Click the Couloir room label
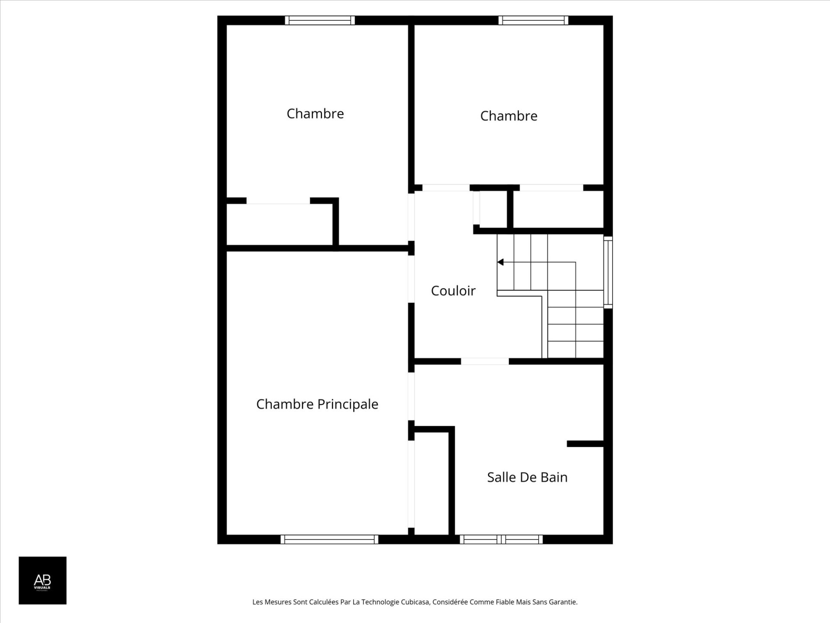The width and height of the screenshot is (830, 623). tap(453, 291)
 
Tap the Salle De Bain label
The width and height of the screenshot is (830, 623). tap(527, 477)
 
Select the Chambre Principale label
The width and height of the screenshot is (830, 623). tap(317, 404)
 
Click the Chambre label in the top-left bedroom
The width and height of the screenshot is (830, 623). tap(315, 114)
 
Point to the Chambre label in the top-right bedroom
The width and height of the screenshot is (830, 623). tap(508, 116)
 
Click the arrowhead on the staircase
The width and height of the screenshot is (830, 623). tap(501, 262)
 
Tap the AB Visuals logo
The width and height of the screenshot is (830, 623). tap(42, 580)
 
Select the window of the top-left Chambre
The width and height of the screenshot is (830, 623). tap(320, 20)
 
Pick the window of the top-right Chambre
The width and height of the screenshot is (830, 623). tap(533, 20)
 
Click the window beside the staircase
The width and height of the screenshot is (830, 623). tap(608, 272)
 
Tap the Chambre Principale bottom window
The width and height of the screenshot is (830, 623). tap(329, 539)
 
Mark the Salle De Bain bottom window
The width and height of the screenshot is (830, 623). tap(501, 539)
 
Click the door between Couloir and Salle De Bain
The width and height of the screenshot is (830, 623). tap(485, 361)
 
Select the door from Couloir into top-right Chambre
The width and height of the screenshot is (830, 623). tap(446, 188)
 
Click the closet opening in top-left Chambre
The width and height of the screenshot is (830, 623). tap(278, 201)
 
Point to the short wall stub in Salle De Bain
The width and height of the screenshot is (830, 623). tap(585, 443)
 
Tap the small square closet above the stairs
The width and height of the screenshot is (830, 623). tap(493, 209)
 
